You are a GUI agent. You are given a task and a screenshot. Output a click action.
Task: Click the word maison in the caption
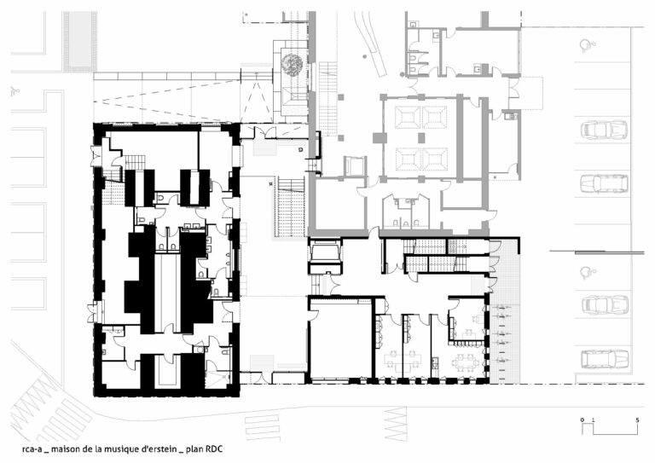click(63, 449)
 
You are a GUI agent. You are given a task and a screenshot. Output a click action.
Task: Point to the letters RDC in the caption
click(213, 449)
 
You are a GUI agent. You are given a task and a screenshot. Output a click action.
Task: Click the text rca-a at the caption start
click(32, 449)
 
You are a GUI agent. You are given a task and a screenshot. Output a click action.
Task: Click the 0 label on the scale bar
click(583, 420)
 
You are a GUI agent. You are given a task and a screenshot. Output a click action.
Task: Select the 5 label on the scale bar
click(637, 420)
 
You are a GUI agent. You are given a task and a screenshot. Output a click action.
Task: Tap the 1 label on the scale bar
click(593, 420)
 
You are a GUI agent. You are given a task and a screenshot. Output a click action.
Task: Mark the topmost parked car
click(604, 130)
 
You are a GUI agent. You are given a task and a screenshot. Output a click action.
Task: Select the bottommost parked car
click(605, 359)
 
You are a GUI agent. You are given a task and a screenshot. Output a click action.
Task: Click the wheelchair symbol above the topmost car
click(587, 45)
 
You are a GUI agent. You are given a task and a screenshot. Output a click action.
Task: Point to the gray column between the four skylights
click(421, 137)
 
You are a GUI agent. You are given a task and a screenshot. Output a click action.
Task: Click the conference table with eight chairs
click(465, 362)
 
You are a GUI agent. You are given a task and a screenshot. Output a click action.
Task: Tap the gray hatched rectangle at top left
click(79, 41)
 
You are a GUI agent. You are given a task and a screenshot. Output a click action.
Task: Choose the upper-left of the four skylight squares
click(407, 117)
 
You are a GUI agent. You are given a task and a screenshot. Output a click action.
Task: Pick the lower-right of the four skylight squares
click(434, 159)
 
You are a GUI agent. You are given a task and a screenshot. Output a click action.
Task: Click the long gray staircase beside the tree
click(328, 98)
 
